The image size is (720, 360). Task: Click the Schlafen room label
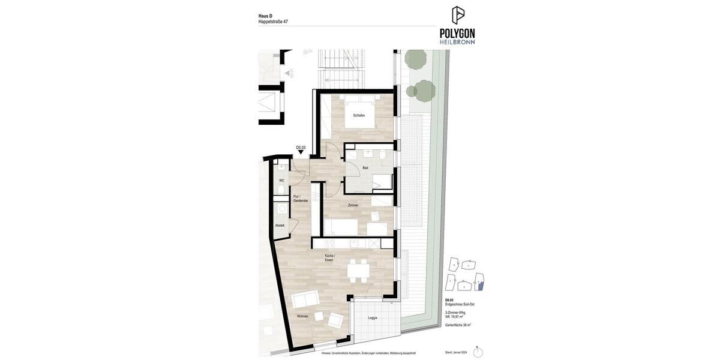point(359,115)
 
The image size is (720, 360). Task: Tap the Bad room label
point(365,168)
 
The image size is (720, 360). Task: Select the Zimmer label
point(353,205)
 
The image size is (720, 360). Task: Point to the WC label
point(281,181)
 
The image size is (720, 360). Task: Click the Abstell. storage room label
point(280,226)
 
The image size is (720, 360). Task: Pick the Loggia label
point(373,317)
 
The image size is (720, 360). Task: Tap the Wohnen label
point(302,316)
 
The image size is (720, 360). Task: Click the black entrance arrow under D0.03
point(301,152)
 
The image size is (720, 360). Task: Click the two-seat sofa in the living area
point(305,299)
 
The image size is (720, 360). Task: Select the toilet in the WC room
point(281,191)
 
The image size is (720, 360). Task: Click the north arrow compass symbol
point(478,352)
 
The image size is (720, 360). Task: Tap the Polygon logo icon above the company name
point(458,15)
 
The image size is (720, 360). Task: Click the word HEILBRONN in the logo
point(457,41)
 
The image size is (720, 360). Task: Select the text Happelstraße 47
point(273,22)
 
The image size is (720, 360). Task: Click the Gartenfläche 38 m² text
point(458,325)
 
